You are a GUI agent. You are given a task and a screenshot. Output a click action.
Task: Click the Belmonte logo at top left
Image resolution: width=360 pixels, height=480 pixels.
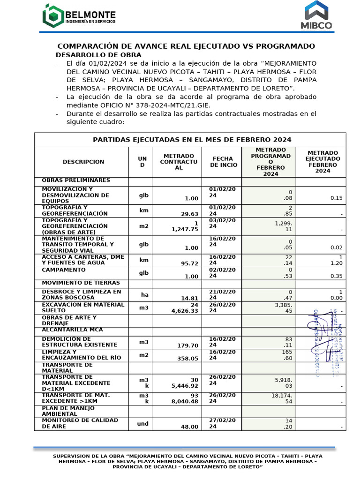tap(77, 15)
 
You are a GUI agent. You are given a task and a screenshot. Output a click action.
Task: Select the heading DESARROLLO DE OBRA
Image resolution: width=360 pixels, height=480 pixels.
tap(91, 54)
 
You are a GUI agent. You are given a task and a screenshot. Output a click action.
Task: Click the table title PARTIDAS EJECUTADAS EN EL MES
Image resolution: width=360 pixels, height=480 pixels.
tap(192, 140)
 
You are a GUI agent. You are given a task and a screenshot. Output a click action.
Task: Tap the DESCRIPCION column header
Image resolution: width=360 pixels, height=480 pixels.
tap(83, 162)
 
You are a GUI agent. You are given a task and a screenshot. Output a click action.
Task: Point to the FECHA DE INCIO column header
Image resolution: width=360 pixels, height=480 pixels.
tap(224, 162)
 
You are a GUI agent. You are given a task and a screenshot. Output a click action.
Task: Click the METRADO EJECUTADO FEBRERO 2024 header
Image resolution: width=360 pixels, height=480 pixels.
tap(322, 162)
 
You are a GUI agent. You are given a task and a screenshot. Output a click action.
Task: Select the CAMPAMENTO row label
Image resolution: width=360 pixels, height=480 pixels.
tap(64, 270)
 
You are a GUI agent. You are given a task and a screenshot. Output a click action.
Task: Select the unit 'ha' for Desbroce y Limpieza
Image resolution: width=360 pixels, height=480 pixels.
tap(144, 294)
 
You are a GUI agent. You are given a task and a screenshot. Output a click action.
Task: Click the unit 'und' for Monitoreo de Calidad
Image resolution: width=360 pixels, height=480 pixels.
tap(143, 424)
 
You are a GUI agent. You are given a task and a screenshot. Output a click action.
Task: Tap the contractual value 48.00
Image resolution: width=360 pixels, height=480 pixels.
tap(190, 427)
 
